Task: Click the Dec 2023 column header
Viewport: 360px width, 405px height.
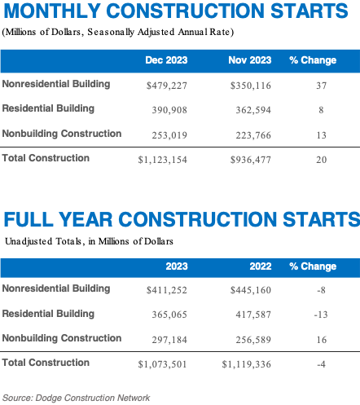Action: click(165, 61)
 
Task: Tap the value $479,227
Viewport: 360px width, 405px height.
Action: click(165, 85)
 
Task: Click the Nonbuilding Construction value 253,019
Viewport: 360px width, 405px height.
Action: click(169, 134)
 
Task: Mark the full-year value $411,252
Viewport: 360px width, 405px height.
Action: click(165, 288)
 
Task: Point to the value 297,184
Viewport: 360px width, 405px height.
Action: click(169, 338)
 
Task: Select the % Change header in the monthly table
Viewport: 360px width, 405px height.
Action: click(313, 61)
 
